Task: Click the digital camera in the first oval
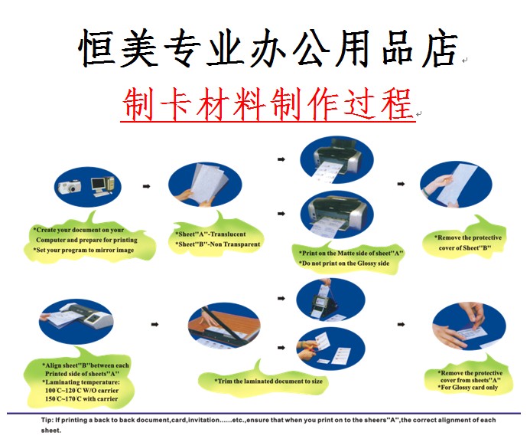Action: point(70,186)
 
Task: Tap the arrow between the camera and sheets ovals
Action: point(146,186)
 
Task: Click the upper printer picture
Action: point(337,160)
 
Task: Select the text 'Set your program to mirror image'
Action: point(85,250)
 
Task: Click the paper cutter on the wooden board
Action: point(224,326)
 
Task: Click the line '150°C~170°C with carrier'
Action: point(82,398)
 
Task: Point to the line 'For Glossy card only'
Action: point(470,387)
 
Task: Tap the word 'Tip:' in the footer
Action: point(47,420)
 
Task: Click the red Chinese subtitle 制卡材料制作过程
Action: point(268,104)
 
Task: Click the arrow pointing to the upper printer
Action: point(281,159)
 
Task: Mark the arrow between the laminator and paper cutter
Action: point(154,324)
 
